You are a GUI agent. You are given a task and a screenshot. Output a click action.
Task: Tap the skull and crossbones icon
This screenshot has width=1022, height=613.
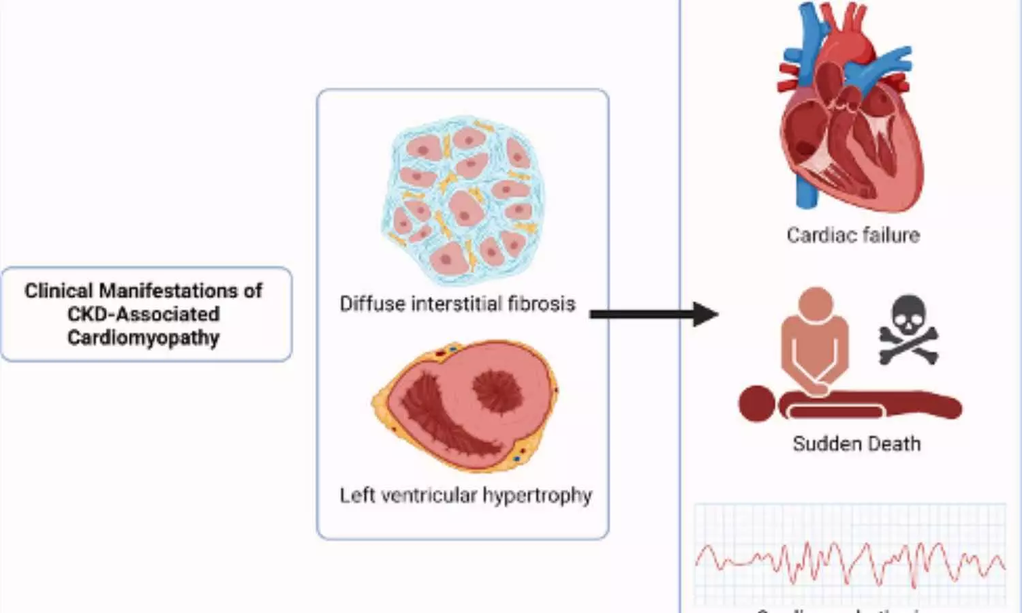pos(908,330)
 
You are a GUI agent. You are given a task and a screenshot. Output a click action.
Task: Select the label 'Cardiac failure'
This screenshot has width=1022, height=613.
pos(853,235)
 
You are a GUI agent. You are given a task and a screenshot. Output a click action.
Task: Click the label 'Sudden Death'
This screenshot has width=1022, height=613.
pos(856,444)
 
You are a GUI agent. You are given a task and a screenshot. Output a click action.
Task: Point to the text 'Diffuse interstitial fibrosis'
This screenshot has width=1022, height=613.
pos(457,303)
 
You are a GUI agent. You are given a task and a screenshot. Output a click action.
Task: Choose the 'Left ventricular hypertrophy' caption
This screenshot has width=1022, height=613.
pos(466,495)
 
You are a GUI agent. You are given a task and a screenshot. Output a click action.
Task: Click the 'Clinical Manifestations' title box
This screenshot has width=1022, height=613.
pos(146,314)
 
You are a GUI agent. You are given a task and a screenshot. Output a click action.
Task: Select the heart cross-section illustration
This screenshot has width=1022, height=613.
pos(465,407)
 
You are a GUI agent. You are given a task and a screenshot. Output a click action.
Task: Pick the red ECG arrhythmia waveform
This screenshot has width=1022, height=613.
pos(850,561)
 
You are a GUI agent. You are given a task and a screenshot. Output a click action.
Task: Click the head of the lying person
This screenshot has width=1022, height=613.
pos(757,403)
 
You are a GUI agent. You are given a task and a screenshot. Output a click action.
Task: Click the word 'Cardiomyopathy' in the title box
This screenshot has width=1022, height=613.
pos(143,338)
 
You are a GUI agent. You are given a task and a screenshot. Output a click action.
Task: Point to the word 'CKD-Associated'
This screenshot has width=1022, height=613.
pos(143,314)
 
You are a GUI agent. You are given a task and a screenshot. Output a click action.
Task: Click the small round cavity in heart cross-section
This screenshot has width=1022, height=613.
pos(497,390)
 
